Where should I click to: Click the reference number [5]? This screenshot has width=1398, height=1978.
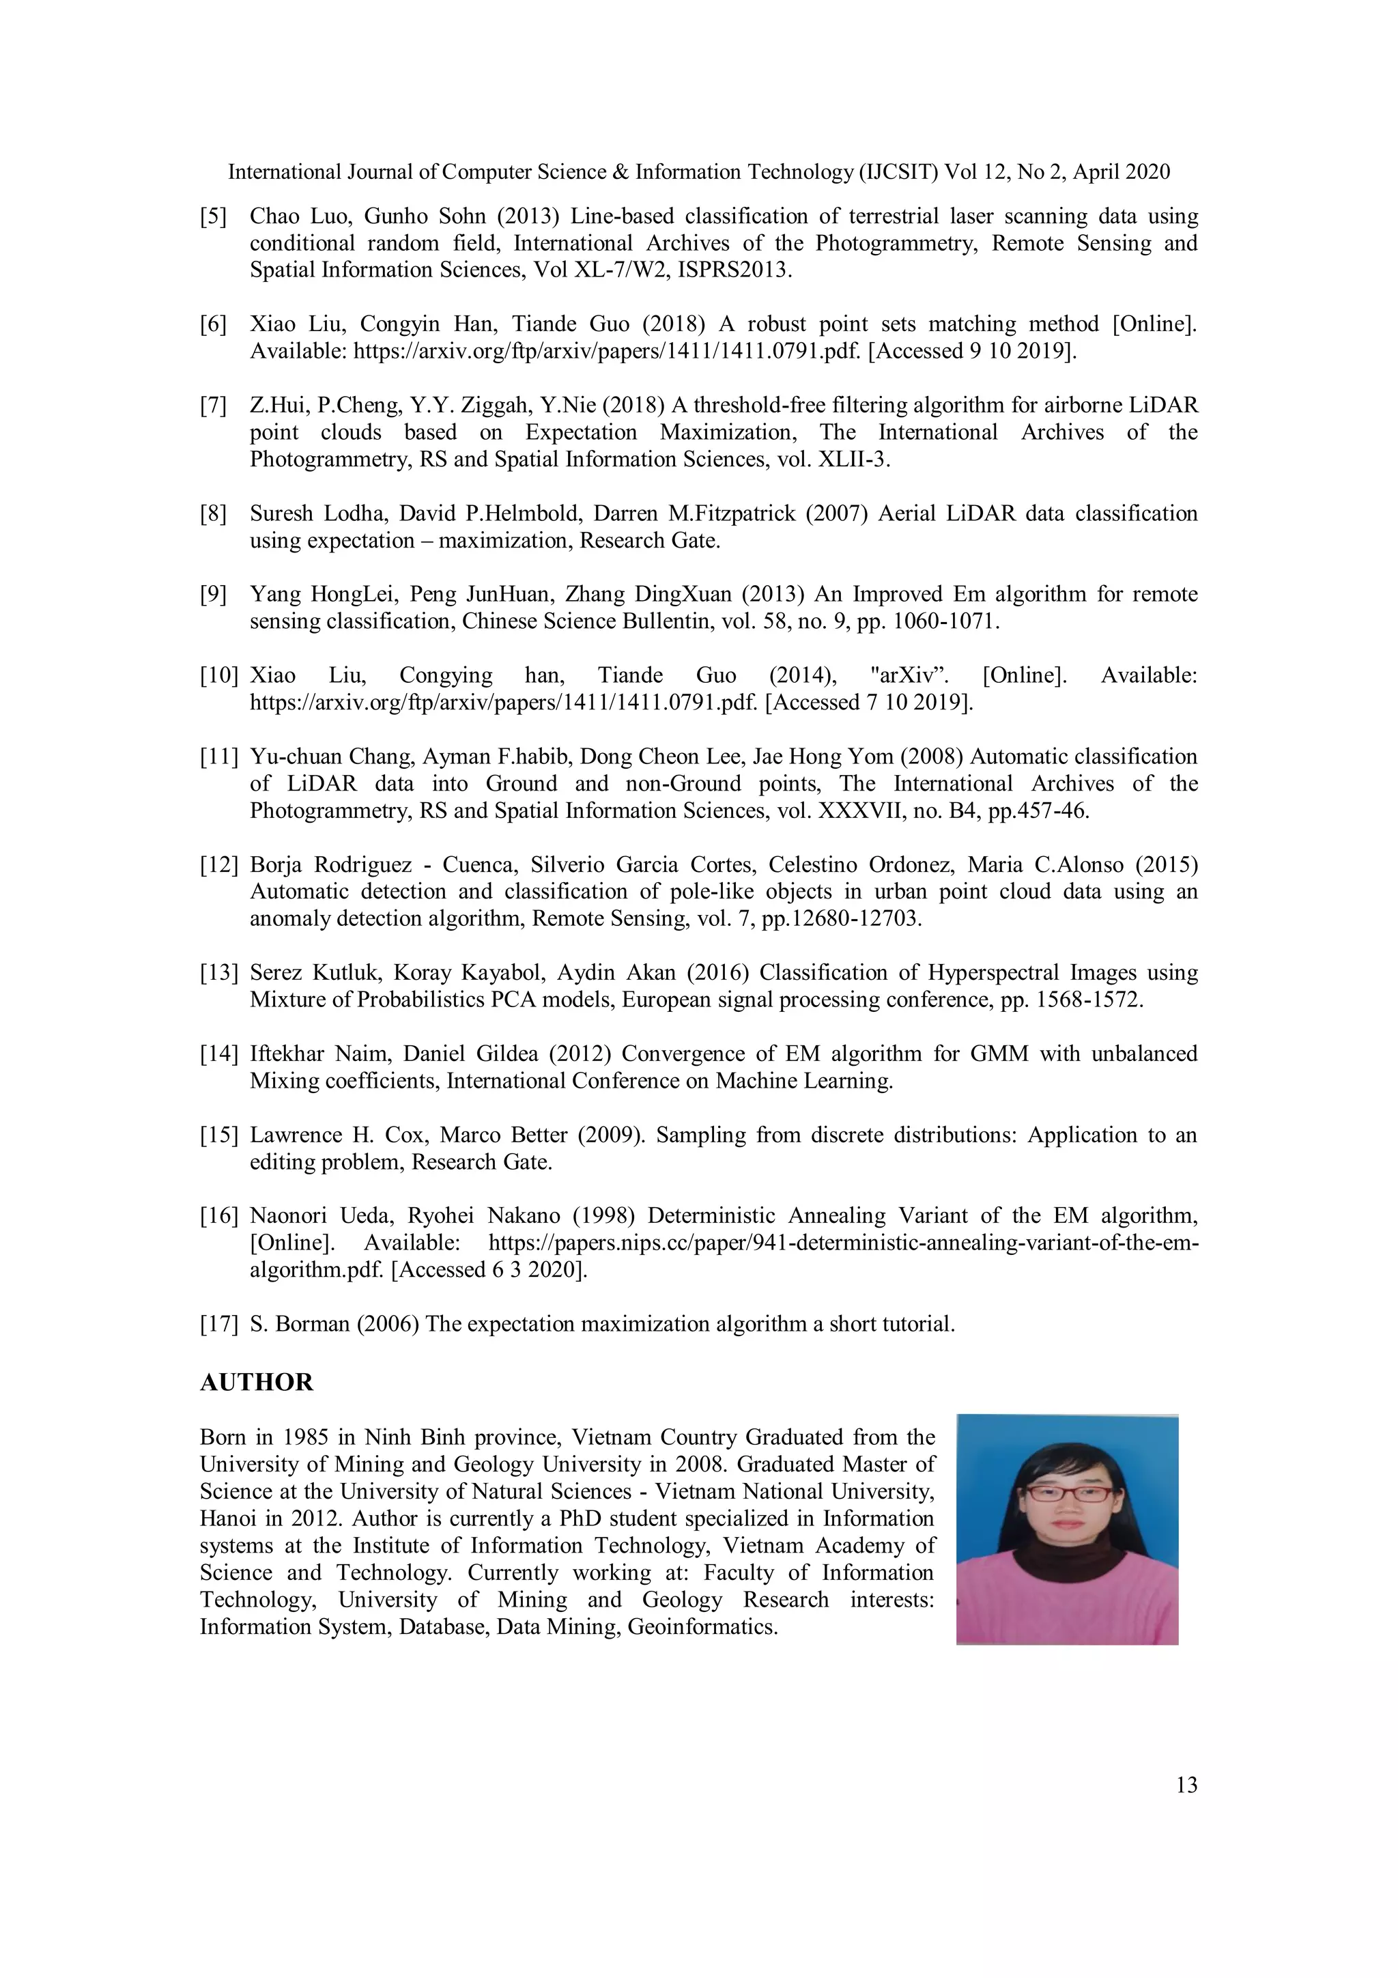coord(214,216)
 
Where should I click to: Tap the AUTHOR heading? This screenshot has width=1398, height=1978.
coord(256,1383)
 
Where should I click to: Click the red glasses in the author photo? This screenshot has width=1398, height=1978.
coord(1067,1495)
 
